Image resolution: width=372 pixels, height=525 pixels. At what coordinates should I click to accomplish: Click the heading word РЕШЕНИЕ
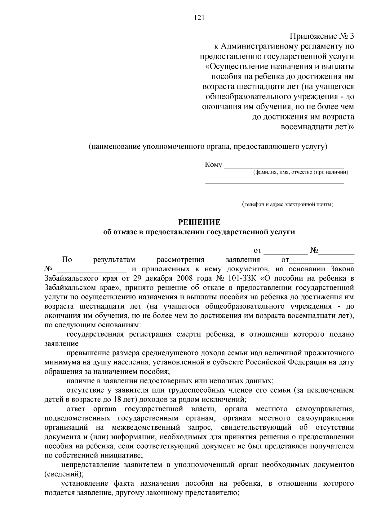(199, 222)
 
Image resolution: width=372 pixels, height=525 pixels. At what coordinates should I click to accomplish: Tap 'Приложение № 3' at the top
(321, 37)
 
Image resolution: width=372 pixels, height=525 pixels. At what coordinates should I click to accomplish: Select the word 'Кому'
(213, 165)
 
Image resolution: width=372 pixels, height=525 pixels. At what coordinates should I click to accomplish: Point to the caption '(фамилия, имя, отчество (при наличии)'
(300, 172)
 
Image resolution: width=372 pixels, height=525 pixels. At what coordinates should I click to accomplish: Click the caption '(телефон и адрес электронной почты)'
(288, 204)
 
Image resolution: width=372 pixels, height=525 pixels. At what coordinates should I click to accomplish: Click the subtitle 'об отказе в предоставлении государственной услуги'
(199, 232)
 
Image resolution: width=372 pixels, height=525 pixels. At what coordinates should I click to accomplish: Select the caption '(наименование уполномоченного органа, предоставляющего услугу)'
(208, 146)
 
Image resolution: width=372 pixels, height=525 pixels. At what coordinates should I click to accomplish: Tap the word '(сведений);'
(64, 474)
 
